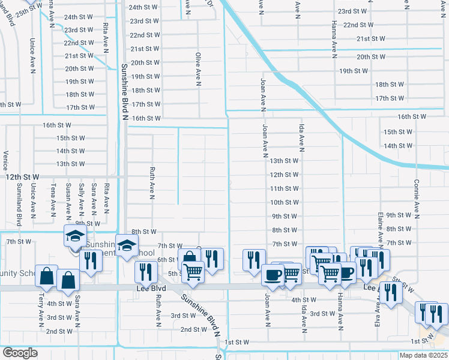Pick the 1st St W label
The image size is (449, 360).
click(237, 342)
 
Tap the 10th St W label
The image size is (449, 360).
click(285, 203)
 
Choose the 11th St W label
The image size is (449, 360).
click(285, 188)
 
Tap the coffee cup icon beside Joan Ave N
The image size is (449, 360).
click(273, 275)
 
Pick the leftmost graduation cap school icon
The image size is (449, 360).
click(75, 236)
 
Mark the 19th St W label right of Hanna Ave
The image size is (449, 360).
click(354, 71)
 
